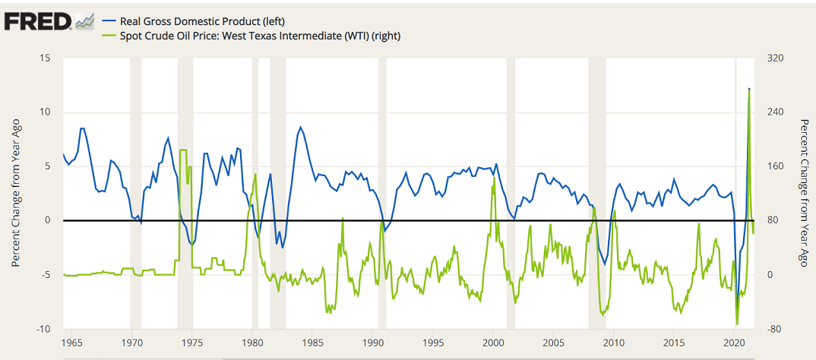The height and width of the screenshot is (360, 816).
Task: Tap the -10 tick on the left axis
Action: point(43,329)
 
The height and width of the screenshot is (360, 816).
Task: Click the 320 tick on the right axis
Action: point(774,59)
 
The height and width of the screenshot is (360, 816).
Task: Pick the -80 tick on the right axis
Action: point(774,329)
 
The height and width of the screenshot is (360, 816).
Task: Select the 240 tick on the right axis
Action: point(774,112)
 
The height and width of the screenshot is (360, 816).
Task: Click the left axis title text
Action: point(16,194)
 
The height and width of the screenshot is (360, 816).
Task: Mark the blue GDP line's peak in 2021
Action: point(749,89)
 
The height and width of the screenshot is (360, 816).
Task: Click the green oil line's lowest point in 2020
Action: point(736,324)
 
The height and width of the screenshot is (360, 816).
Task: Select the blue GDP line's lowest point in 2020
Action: point(737,311)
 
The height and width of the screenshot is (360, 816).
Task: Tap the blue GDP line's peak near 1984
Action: point(301,128)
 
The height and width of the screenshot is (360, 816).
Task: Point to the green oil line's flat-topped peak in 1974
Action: point(183,150)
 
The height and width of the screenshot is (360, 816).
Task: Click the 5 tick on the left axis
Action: point(48,166)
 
